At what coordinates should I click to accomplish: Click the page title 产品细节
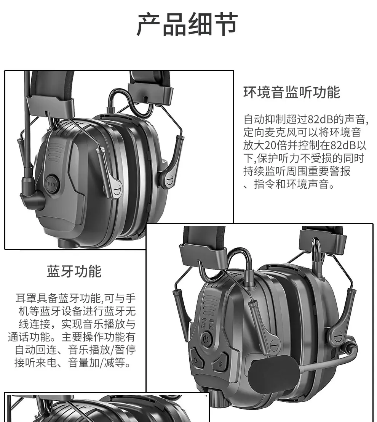(187, 24)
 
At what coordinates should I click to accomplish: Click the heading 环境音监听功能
(292, 92)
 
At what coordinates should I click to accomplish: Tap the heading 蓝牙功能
(74, 271)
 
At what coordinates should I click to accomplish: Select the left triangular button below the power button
(199, 357)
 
